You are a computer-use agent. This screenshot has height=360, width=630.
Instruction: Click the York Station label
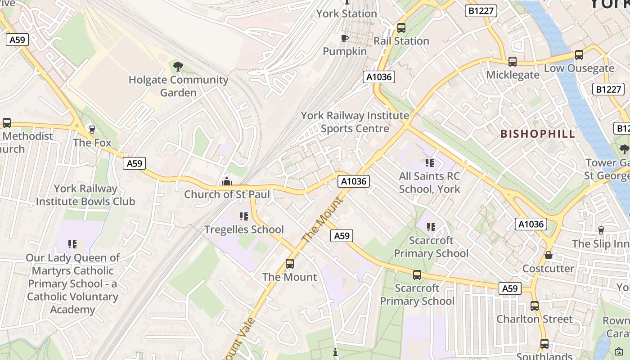pyautogui.click(x=346, y=13)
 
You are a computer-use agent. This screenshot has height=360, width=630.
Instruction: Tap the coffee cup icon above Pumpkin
pyautogui.click(x=345, y=38)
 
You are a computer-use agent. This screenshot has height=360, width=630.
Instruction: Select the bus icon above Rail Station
pyautogui.click(x=401, y=28)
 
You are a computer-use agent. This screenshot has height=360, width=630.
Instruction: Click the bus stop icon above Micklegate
pyautogui.click(x=513, y=62)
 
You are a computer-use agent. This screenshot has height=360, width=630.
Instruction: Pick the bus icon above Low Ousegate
pyautogui.click(x=579, y=55)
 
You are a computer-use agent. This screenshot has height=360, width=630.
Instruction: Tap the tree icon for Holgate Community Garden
pyautogui.click(x=178, y=67)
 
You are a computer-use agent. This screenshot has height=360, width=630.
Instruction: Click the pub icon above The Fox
pyautogui.click(x=92, y=130)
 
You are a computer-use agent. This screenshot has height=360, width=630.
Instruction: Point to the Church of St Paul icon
pyautogui.click(x=227, y=181)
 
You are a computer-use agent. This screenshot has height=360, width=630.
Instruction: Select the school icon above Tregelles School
pyautogui.click(x=244, y=216)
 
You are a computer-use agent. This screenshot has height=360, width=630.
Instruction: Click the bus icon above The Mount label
pyautogui.click(x=290, y=264)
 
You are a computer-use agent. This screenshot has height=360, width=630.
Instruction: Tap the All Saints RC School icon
pyautogui.click(x=430, y=163)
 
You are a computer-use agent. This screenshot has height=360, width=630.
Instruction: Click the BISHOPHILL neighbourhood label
pyautogui.click(x=538, y=134)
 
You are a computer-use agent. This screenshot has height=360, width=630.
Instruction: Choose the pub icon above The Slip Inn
pyautogui.click(x=601, y=230)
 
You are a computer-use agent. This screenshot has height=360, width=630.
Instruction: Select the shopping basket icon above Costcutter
pyautogui.click(x=548, y=255)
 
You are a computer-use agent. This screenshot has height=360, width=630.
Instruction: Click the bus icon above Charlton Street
pyautogui.click(x=535, y=306)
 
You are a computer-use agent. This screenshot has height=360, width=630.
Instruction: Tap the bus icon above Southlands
pyautogui.click(x=544, y=344)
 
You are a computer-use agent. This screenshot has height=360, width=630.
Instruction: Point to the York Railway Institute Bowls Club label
pyautogui.click(x=85, y=195)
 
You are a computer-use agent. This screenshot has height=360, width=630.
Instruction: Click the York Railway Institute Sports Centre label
pyautogui.click(x=355, y=122)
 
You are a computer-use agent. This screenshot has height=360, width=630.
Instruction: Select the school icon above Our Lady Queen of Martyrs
pyautogui.click(x=72, y=244)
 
